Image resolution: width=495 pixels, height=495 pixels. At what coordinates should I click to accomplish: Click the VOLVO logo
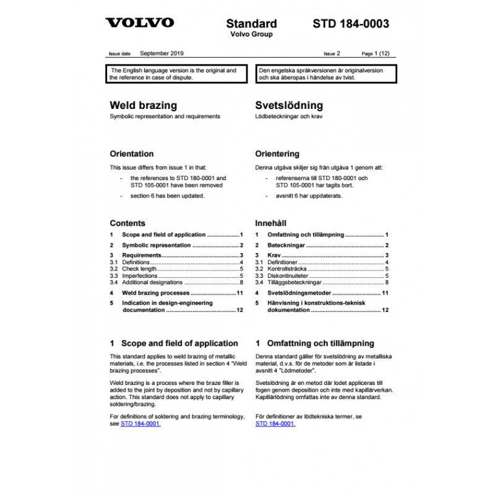(x=140, y=24)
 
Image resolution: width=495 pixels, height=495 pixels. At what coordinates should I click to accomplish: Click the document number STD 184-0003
(x=350, y=24)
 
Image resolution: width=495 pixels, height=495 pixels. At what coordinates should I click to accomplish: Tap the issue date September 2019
(x=161, y=54)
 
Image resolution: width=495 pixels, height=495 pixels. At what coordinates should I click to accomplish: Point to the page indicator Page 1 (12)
(x=375, y=54)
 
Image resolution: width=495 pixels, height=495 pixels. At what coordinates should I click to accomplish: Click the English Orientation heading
(x=132, y=153)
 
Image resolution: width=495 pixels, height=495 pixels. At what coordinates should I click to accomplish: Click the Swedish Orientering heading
(x=277, y=153)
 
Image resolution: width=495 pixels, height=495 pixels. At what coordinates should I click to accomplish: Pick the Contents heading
(x=127, y=223)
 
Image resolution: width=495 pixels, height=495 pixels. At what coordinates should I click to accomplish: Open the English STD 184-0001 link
(x=141, y=424)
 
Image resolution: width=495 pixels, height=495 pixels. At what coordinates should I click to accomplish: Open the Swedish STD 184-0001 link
(x=275, y=424)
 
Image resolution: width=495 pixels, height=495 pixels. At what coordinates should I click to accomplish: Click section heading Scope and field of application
(x=179, y=343)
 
